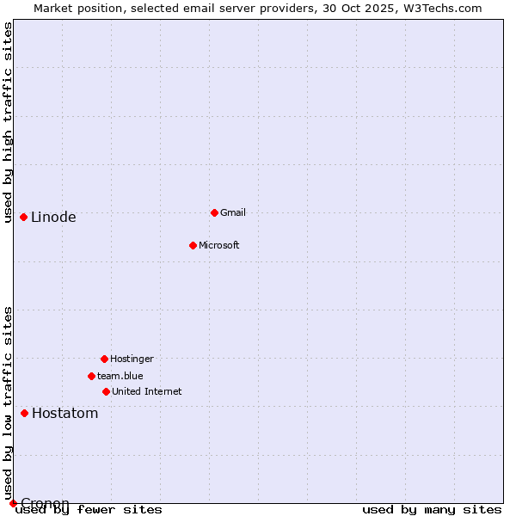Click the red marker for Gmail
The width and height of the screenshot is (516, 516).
coord(214,212)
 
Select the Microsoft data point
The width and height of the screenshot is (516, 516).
coord(193,245)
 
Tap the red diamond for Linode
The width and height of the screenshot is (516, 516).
coord(23,217)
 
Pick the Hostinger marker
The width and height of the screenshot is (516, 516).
coord(104,359)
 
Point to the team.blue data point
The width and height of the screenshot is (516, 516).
coord(91,376)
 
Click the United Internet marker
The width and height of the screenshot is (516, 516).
coord(106,391)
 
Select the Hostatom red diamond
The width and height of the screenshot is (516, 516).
coord(24,413)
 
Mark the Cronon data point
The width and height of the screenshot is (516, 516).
coord(13,503)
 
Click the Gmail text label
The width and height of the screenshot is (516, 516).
coord(233,212)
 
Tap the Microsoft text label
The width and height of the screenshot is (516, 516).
coord(219,245)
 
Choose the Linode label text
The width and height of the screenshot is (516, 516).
coord(53,217)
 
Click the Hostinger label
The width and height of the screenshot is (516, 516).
coord(132,359)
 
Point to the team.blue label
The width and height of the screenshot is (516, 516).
coord(120,376)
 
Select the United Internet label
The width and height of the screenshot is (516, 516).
coord(147,391)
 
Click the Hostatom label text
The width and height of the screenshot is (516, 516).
coord(65,413)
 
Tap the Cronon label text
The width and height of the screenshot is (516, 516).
coord(45,503)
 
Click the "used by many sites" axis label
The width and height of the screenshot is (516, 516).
coord(432,510)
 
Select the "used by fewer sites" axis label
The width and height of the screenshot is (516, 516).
coord(89,510)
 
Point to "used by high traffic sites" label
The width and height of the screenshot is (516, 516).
coord(8,122)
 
